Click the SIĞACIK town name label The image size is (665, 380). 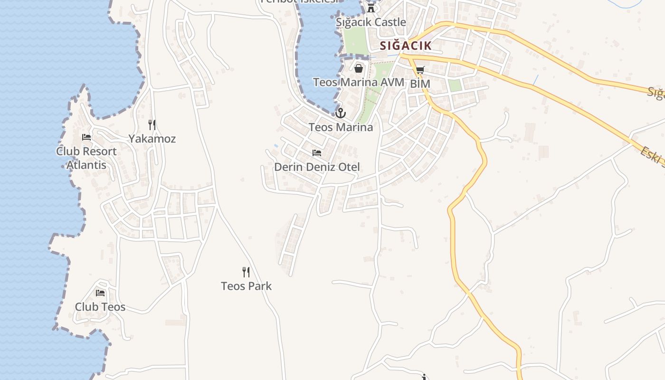coord(406,46)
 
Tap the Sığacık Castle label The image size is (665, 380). coord(371,22)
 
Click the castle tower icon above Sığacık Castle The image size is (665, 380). coord(371,8)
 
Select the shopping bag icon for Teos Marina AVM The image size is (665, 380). coord(359,68)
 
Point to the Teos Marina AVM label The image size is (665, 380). coord(359,82)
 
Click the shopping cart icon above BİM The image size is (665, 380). coord(420,70)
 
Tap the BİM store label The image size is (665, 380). coord(420,84)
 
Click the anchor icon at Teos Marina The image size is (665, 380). coord(341,113)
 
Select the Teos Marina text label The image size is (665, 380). coord(341,127)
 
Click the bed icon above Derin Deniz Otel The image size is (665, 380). coord(317,153)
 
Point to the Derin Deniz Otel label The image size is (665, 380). coord(317,167)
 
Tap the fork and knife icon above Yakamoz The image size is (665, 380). coord(152,125)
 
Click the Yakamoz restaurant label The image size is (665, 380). coord(152,139)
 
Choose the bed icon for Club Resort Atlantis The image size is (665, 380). coord(86,137)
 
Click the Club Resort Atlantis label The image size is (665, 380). coord(86,158)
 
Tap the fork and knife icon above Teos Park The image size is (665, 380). coord(246,272)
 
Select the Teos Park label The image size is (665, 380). coord(246,286)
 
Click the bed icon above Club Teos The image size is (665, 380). coord(100,293)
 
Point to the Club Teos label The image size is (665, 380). coord(100,307)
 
